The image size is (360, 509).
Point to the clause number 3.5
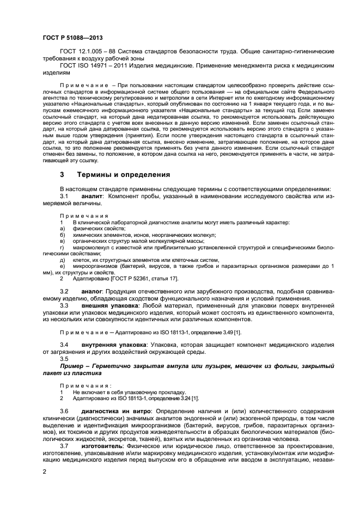click(x=64, y=359)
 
